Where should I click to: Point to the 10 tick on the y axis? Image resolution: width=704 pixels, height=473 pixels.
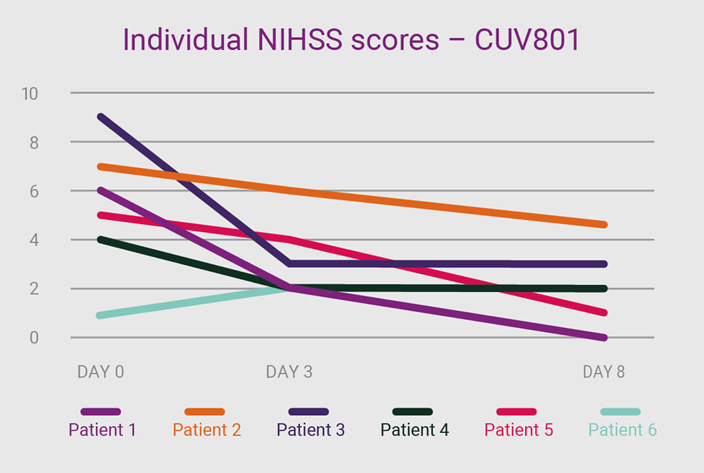click(x=30, y=94)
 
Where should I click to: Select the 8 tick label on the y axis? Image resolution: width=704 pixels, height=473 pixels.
click(x=34, y=142)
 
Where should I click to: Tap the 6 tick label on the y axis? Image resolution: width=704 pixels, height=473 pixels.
click(x=34, y=191)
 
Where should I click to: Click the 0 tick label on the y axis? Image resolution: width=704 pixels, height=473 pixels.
click(x=34, y=337)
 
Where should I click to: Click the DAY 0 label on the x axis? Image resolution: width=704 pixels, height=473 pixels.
click(x=101, y=372)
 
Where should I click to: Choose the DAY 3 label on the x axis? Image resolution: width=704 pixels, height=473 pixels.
click(x=289, y=372)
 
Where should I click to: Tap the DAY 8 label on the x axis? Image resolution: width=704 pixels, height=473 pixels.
click(x=603, y=372)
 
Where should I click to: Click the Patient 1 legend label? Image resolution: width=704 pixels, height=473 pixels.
click(x=102, y=430)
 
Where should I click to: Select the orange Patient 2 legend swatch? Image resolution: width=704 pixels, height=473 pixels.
click(x=205, y=411)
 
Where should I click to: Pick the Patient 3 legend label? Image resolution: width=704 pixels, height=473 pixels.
click(x=311, y=430)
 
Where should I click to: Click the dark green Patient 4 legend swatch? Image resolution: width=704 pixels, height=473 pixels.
click(x=413, y=411)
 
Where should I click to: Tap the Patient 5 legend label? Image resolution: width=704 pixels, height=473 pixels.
click(x=519, y=430)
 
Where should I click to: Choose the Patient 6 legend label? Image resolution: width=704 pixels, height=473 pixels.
click(x=623, y=430)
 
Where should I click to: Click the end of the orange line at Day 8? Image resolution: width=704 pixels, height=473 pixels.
click(x=603, y=224)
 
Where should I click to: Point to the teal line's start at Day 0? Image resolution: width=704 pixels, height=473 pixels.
click(x=100, y=315)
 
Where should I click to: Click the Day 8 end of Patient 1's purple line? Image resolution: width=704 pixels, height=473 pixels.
click(x=603, y=337)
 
